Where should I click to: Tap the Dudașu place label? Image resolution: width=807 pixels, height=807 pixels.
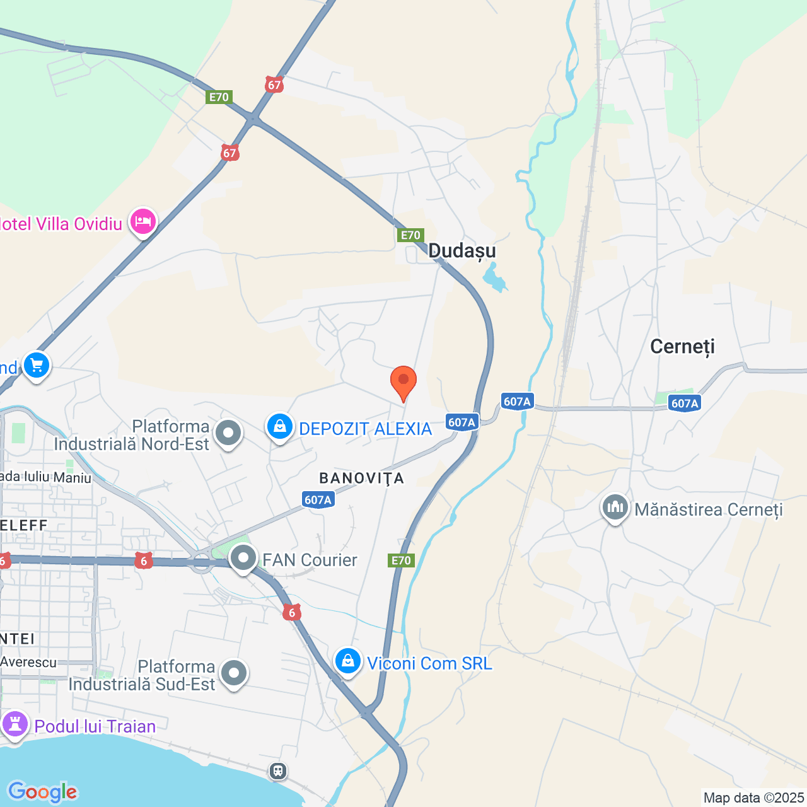(x=462, y=251)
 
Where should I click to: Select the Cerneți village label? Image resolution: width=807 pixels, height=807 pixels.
(x=682, y=347)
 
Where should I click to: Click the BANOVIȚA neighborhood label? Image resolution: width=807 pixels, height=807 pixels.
(x=362, y=479)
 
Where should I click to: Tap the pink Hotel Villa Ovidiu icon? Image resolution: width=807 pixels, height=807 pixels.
(x=143, y=222)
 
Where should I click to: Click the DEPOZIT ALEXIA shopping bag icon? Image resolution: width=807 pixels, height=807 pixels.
(x=279, y=427)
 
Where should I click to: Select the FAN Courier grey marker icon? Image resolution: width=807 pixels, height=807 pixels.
(x=243, y=558)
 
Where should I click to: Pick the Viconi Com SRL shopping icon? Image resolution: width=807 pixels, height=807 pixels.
(x=347, y=661)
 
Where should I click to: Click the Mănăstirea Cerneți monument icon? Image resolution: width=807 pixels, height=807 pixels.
(x=615, y=508)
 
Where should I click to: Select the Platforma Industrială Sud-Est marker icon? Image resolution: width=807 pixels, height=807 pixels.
(x=234, y=673)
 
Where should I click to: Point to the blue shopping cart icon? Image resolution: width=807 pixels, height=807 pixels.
(x=36, y=365)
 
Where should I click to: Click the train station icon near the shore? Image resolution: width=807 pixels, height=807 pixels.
(x=278, y=770)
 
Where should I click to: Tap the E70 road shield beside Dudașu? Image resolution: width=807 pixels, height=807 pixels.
(x=410, y=235)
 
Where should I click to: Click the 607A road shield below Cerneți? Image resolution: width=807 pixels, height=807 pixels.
(x=685, y=403)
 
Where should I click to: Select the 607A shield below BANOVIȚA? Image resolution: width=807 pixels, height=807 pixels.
(x=318, y=500)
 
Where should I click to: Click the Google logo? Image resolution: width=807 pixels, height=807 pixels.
(x=43, y=792)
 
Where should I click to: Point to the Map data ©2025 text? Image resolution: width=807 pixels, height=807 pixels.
(x=753, y=798)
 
